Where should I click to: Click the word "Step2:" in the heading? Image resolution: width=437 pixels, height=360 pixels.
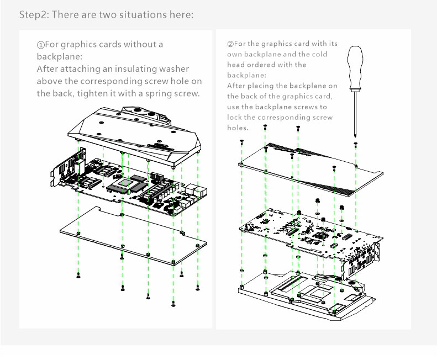pos(32,15)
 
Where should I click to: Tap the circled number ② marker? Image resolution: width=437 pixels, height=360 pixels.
pos(230,44)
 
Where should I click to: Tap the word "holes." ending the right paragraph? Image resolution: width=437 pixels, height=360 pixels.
pos(238,128)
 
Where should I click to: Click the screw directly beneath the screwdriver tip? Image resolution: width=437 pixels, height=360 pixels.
pos(355,145)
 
